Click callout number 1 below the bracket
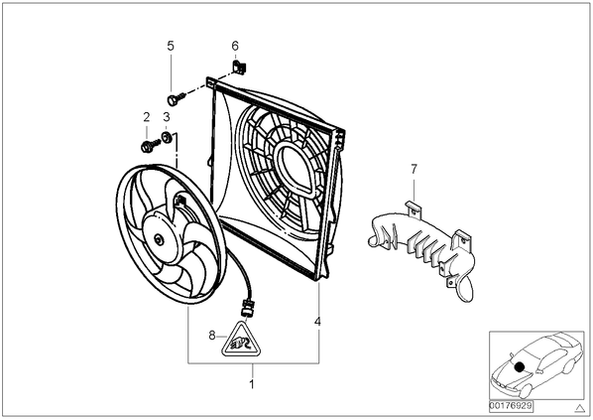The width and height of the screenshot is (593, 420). tap(252, 384)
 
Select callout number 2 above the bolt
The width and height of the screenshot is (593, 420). tap(147, 117)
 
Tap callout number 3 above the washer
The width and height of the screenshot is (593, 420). tap(167, 117)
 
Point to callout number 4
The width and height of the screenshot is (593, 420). tap(317, 321)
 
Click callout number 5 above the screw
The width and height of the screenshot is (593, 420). tap(171, 46)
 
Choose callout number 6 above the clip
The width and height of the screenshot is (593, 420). tap(235, 46)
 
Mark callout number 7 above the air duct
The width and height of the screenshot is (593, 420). tap(414, 169)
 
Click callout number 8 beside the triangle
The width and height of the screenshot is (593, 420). tap(212, 335)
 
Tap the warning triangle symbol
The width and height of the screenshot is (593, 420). tap(242, 341)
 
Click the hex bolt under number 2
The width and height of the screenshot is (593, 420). tap(150, 146)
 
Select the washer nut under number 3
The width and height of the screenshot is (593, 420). tap(166, 137)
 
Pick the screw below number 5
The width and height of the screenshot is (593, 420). tap(176, 98)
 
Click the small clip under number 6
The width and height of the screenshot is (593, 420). tap(239, 68)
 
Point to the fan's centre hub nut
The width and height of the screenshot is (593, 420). tap(158, 239)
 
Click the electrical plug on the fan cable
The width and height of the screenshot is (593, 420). tap(246, 307)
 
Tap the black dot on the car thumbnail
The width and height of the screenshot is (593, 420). tap(520, 366)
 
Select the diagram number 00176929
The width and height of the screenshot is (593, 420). tap(511, 406)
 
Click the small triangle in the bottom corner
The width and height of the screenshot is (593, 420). tap(579, 408)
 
